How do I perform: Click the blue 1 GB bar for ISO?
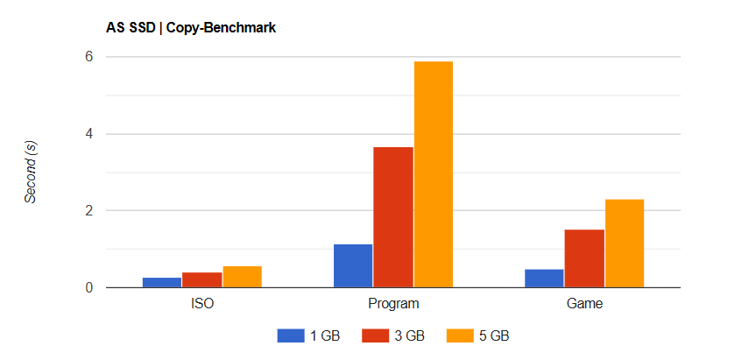pos(162,282)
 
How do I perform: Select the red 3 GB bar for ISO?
pos(201,279)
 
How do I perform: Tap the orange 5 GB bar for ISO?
pos(242,277)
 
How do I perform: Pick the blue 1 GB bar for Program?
pos(353,265)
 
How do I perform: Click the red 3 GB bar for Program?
pos(393,217)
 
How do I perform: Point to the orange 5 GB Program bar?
pos(433,174)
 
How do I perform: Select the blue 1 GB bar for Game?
pos(544,278)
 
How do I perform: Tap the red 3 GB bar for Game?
pos(584,258)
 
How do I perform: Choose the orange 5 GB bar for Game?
pos(624,244)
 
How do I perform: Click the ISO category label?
pos(201,305)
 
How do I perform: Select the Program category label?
pos(393,305)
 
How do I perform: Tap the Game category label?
pos(584,305)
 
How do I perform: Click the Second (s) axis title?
pos(31,173)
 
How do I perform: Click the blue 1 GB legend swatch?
pos(290,335)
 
